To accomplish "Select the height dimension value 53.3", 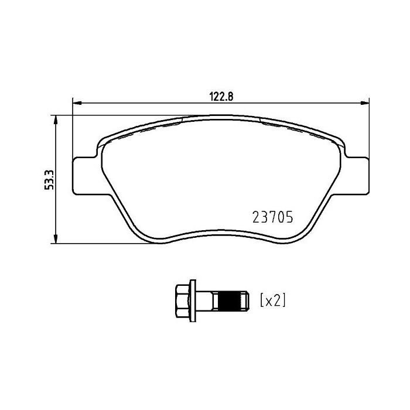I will coord(49,179).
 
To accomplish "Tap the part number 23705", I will coord(271,216).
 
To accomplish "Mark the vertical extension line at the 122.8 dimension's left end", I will coord(71,129).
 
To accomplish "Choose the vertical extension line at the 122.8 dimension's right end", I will coord(369,129).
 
